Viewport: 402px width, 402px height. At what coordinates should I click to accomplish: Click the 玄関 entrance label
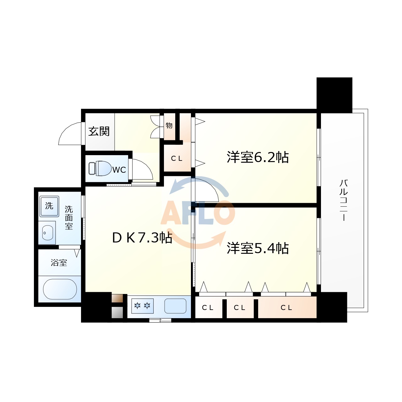99,131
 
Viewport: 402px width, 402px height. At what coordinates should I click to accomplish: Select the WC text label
119,170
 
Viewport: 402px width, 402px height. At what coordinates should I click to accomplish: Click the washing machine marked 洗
49,206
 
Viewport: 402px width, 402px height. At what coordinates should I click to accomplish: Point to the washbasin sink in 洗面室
47,233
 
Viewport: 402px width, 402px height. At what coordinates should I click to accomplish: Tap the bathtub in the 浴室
60,289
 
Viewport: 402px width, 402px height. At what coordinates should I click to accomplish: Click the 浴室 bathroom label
59,263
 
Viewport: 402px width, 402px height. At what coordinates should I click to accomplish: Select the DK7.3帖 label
142,238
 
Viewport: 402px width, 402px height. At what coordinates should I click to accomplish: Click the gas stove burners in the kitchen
142,306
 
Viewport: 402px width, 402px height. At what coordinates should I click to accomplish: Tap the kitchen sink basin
175,306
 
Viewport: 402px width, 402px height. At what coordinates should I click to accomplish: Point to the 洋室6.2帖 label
258,157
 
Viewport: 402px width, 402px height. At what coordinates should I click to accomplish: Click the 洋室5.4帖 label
258,248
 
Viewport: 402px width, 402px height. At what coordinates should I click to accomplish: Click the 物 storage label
169,126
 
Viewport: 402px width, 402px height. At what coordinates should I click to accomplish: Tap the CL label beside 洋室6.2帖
177,159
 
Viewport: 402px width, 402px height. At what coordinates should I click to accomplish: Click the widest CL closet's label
286,308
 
